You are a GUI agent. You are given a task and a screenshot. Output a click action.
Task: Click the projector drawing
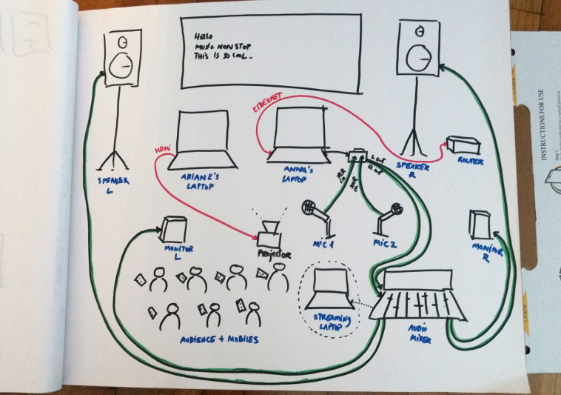(269, 233)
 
